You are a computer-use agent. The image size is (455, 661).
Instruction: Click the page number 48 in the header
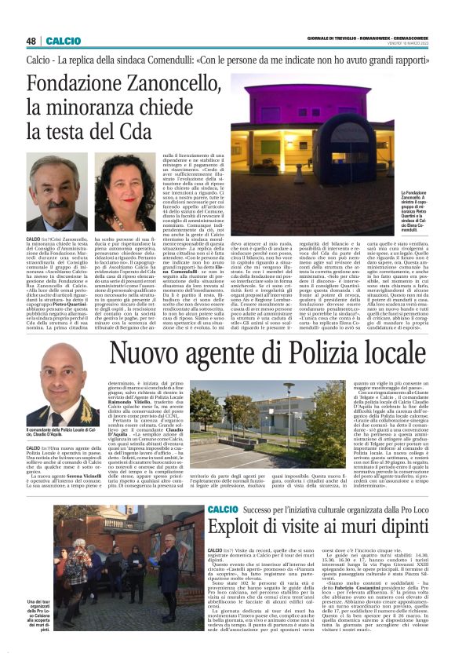31,40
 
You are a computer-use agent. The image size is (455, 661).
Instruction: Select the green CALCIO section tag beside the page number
63,40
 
